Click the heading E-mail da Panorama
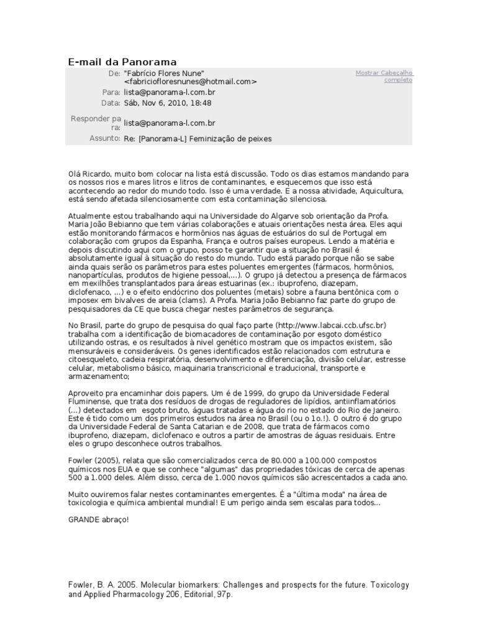[122, 62]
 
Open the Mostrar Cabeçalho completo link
[384, 77]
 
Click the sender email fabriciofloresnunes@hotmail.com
[190, 81]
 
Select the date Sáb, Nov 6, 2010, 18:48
[167, 103]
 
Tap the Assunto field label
[104, 138]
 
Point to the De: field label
[114, 73]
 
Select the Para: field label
[111, 92]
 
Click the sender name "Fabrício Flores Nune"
[164, 73]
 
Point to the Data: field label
[110, 103]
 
